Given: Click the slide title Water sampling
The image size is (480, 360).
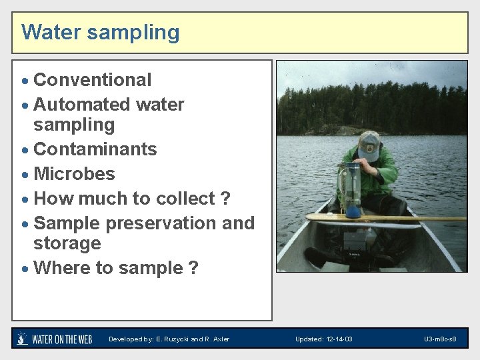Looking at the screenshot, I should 100,32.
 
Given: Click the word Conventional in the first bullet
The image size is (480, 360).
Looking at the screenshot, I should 92,80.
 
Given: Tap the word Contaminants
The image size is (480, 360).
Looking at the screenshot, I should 95,149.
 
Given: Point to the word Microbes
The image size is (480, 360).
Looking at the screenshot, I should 74,174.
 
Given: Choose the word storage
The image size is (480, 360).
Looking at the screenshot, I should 67,243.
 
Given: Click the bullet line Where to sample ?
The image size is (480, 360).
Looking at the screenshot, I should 115,268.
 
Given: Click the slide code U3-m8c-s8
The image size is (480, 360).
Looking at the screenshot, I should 440,339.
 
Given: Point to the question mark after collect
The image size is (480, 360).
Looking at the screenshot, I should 225,199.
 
